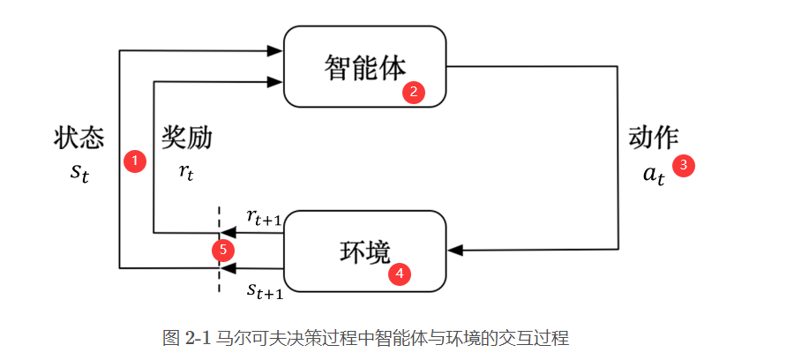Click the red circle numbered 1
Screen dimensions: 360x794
coord(134,161)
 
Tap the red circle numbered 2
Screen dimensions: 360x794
coord(414,92)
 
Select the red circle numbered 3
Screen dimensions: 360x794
coord(684,165)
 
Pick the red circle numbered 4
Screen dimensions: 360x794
coord(401,274)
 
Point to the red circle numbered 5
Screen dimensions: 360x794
coord(223,250)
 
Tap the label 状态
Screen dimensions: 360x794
coord(79,138)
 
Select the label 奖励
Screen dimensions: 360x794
coord(186,138)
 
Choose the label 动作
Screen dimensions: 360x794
coord(653,138)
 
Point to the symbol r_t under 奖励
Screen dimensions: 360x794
coord(185,171)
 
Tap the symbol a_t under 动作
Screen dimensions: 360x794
coord(653,173)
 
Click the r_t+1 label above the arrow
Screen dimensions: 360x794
coord(263,217)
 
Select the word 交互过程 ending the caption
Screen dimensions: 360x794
coord(538,338)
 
